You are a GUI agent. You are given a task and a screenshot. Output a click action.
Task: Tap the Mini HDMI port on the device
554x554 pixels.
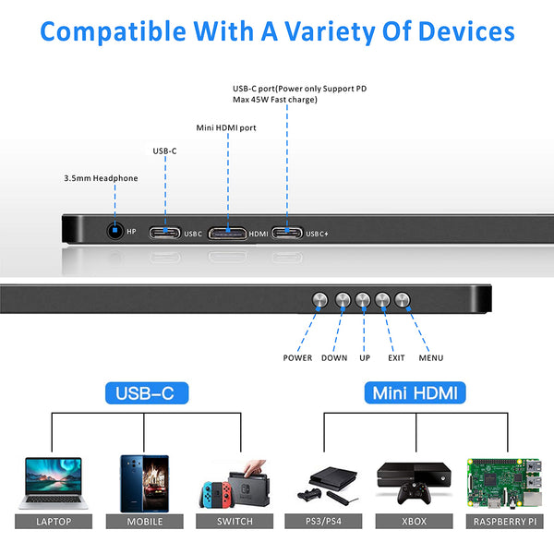(x=226, y=234)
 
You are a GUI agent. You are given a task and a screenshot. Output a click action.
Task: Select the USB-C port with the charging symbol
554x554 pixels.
(x=286, y=234)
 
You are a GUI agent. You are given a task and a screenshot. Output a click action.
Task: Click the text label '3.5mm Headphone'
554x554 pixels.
(x=101, y=178)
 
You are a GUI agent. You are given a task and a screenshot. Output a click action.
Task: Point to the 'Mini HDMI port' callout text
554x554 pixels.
(x=226, y=127)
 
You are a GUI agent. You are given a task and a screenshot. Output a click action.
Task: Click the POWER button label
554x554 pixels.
(x=297, y=358)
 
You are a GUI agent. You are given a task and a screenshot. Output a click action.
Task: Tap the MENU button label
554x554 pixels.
(x=430, y=358)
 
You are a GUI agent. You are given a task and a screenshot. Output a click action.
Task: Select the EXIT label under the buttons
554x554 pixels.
(x=396, y=358)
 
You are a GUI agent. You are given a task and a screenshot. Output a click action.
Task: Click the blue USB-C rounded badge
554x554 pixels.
(x=147, y=393)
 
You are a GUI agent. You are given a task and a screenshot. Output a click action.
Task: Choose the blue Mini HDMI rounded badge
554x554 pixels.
(x=415, y=393)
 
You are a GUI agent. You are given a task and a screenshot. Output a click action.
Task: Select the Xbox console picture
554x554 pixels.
(x=413, y=482)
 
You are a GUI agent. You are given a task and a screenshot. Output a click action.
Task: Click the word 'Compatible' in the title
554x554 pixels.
(x=114, y=31)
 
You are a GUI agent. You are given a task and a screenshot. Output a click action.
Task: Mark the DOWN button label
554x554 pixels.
(x=334, y=358)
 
